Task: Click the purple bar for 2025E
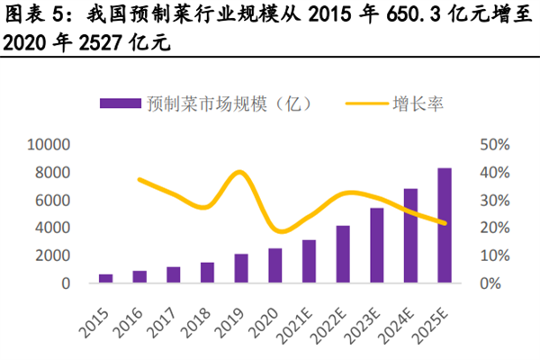coord(445,226)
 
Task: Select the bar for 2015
coord(106,278)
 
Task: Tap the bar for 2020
coord(275,265)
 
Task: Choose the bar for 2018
coord(208,273)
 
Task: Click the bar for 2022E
coord(343,254)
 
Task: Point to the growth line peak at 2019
coord(239,172)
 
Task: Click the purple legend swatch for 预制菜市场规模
coord(121,103)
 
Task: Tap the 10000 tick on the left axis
coord(49,144)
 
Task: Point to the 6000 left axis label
coord(52,200)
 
